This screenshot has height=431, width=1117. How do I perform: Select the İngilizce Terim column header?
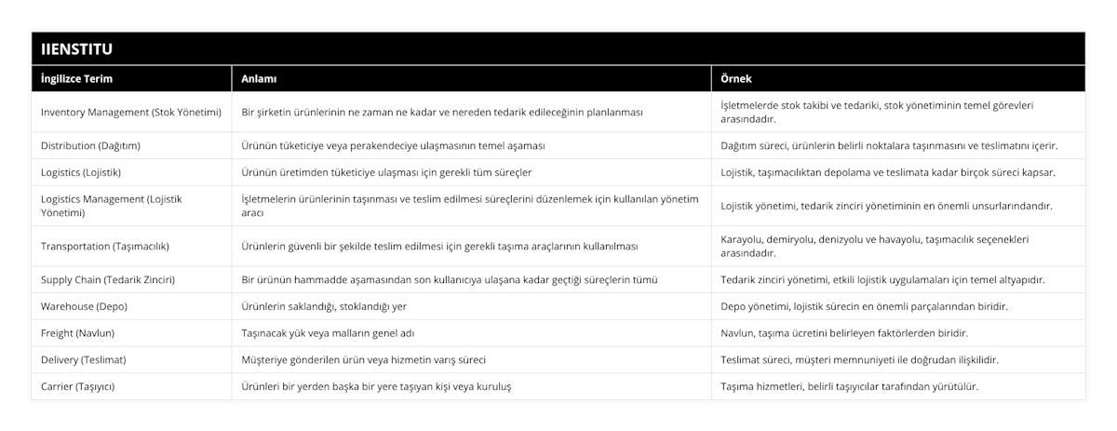click(x=77, y=79)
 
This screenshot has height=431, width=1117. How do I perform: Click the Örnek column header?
click(x=738, y=79)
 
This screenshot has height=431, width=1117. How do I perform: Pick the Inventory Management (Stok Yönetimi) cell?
click(x=131, y=112)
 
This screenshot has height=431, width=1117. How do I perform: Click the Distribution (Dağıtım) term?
click(x=91, y=146)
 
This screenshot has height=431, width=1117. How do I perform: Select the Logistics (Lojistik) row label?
click(x=81, y=172)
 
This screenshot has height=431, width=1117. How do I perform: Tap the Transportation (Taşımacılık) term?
click(x=105, y=246)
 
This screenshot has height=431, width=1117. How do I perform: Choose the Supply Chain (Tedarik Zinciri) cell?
click(x=108, y=279)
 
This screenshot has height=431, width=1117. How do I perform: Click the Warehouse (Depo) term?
click(x=85, y=306)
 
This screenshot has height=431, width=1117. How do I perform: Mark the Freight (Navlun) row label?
click(x=78, y=332)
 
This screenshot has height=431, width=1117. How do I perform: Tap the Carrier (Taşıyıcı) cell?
click(x=78, y=385)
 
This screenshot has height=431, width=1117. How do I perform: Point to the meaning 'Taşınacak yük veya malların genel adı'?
click(x=327, y=332)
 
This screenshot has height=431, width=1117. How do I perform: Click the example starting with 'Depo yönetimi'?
click(x=865, y=306)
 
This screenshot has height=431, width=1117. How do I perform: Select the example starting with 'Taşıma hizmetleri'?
click(x=850, y=385)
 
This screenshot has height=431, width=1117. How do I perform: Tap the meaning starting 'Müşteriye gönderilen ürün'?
click(x=363, y=359)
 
